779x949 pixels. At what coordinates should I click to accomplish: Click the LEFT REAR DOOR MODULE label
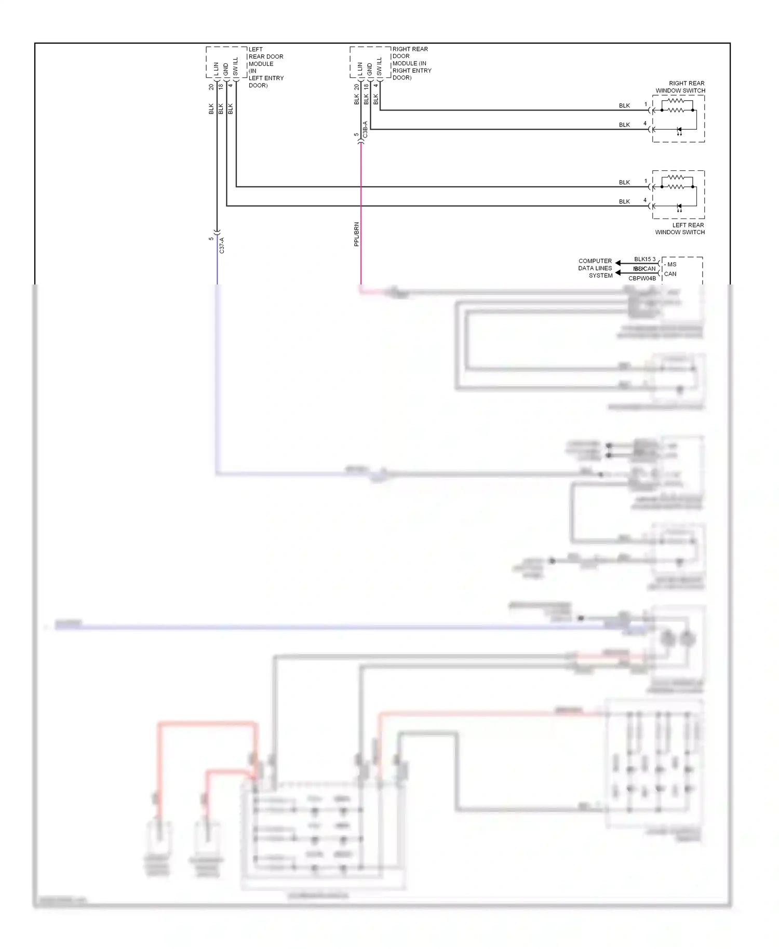[265, 67]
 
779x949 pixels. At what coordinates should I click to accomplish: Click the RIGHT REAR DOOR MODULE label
[411, 63]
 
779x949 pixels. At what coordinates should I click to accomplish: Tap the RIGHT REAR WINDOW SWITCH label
[680, 87]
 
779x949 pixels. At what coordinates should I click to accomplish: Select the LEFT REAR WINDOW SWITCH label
[680, 228]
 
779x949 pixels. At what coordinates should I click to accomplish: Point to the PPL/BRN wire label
[356, 234]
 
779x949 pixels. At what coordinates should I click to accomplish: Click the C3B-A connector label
[365, 129]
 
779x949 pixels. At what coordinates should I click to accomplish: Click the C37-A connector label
[222, 245]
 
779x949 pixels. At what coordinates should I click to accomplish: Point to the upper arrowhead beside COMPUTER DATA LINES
[619, 263]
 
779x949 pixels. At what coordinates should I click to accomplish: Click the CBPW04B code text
[642, 279]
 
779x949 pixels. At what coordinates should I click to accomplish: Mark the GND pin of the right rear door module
[369, 69]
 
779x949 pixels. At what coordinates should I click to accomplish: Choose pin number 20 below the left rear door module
[211, 87]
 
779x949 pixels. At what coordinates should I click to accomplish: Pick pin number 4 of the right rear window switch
[645, 124]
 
